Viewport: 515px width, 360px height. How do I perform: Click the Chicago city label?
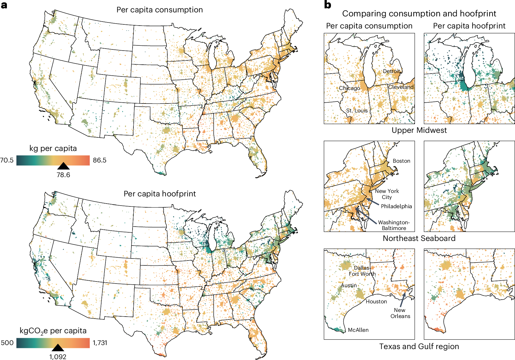pos(349,88)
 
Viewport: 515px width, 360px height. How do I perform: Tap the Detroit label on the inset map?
pos(392,71)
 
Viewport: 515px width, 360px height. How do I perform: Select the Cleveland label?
pos(401,87)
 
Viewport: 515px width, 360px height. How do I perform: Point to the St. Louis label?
pos(357,110)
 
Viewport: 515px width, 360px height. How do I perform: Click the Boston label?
pos(401,161)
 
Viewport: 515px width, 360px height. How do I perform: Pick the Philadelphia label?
pos(396,206)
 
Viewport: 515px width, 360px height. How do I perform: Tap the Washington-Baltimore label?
pos(394,225)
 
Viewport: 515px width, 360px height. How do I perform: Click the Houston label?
pos(376,301)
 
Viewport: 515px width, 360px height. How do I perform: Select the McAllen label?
pos(358,330)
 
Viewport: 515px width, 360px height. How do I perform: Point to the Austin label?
pos(349,285)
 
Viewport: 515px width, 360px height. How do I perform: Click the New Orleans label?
pos(400,313)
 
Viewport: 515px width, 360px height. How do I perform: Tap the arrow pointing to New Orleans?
pos(403,300)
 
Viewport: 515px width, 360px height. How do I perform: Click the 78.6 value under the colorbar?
pos(63,175)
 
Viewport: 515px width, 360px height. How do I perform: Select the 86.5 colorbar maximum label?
pos(99,160)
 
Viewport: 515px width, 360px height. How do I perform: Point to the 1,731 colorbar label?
pos(100,343)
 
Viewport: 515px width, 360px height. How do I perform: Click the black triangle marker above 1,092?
pos(58,348)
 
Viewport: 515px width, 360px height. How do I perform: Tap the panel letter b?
pos(328,5)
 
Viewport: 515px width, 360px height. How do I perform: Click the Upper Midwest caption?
pos(419,130)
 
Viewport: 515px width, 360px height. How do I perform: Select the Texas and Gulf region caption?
pos(419,346)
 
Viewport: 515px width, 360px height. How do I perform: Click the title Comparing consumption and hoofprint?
pos(419,14)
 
